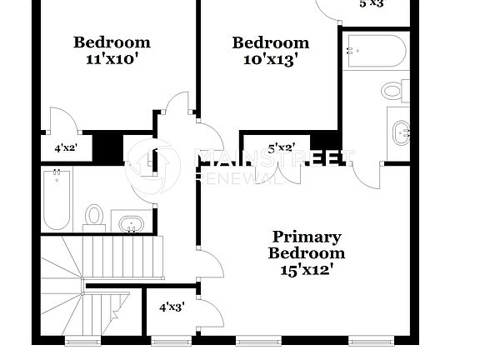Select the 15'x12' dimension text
307,269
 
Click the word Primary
307,237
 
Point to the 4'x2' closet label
66,148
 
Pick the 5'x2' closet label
281,148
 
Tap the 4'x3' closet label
172,307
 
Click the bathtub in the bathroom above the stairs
57,200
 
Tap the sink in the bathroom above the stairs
131,223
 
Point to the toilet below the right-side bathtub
394,89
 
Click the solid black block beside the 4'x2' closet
107,147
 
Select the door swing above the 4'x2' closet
63,121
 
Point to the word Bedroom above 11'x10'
112,42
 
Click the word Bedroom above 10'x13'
270,42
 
